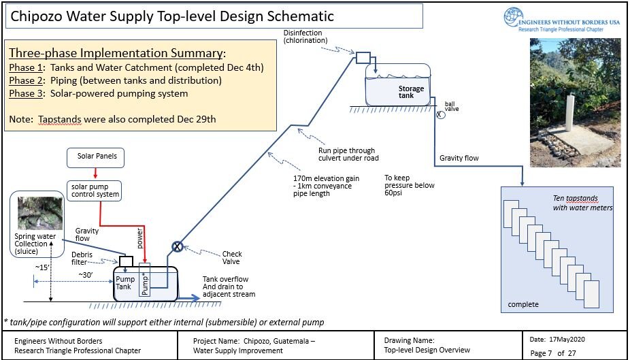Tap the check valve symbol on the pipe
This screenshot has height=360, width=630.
coord(177,246)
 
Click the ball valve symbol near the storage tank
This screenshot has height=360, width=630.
coord(440,114)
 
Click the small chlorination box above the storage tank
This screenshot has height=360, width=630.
coord(362,59)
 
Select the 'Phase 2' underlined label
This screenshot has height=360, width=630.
coord(24,80)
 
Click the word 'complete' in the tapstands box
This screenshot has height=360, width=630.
coord(523,304)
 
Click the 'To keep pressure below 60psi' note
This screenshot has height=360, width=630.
coord(409,185)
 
